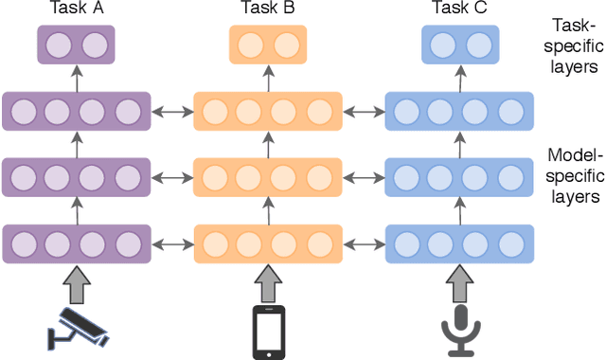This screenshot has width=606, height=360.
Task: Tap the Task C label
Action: tap(459, 10)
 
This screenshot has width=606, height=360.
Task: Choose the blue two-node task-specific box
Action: tap(459, 45)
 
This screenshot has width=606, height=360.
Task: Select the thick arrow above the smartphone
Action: tap(269, 283)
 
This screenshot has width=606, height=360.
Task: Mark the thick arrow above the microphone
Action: tap(460, 283)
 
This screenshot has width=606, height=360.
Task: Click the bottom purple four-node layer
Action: tap(78, 244)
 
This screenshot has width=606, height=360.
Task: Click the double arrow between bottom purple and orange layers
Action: tap(173, 244)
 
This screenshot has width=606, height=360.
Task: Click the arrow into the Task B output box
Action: tap(269, 78)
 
